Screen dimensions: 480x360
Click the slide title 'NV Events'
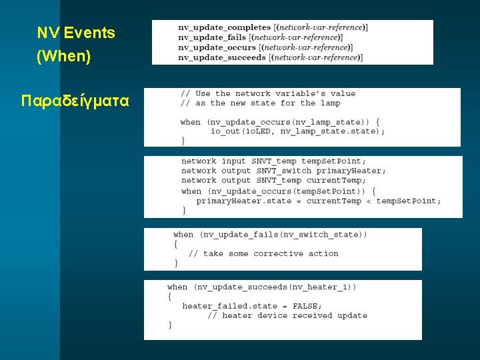(x=76, y=33)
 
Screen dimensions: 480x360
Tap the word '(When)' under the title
(x=63, y=57)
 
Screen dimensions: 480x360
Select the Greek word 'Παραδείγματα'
(x=75, y=101)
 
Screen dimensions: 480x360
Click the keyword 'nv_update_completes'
(x=225, y=27)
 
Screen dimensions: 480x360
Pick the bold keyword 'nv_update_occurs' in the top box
(x=217, y=47)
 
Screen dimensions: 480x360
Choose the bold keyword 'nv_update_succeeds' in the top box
(x=222, y=57)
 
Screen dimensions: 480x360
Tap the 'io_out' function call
(x=225, y=131)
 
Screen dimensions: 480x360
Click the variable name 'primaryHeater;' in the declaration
(x=351, y=171)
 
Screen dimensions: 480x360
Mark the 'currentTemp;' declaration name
(x=336, y=180)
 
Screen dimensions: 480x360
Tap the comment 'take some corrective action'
(x=271, y=253)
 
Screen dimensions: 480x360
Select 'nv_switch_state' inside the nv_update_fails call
(x=321, y=235)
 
